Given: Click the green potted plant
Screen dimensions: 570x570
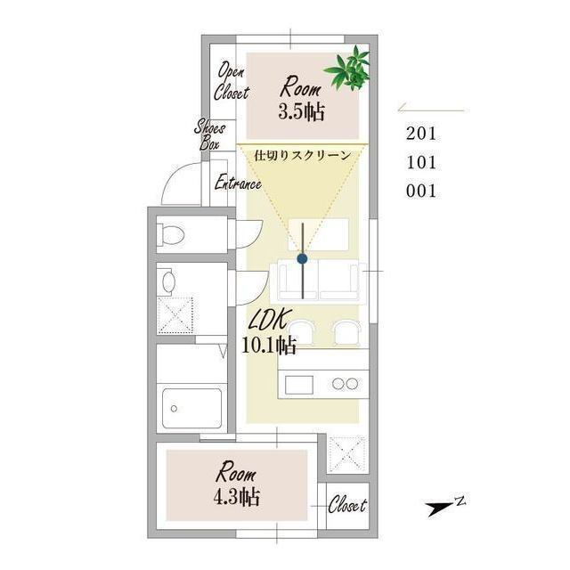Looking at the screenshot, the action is (x=347, y=69).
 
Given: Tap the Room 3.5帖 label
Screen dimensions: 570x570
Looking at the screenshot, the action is (x=301, y=98).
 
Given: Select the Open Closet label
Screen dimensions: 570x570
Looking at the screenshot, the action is (x=232, y=81).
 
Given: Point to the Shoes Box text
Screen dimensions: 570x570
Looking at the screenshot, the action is (x=210, y=134).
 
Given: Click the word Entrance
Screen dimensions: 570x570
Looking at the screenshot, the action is (x=238, y=183).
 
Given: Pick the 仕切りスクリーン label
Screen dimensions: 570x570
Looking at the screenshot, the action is (x=303, y=156).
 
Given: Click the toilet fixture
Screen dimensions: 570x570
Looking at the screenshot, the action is (x=170, y=234).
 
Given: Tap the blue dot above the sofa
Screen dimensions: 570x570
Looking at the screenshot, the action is (x=302, y=259).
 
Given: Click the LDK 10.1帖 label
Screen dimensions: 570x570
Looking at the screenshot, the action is (x=269, y=332).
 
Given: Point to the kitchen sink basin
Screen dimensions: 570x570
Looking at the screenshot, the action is (x=299, y=385).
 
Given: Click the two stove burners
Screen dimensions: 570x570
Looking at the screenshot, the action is (x=345, y=384).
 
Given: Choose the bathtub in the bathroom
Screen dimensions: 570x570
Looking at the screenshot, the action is (x=192, y=408).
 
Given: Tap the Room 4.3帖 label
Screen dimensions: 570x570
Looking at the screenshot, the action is (x=237, y=484).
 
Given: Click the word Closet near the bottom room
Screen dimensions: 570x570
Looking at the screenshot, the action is (x=347, y=504).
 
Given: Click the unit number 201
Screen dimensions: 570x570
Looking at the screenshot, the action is (x=421, y=134).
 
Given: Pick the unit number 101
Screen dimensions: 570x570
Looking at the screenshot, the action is (x=421, y=162).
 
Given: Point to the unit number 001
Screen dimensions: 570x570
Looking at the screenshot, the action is (x=421, y=191).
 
